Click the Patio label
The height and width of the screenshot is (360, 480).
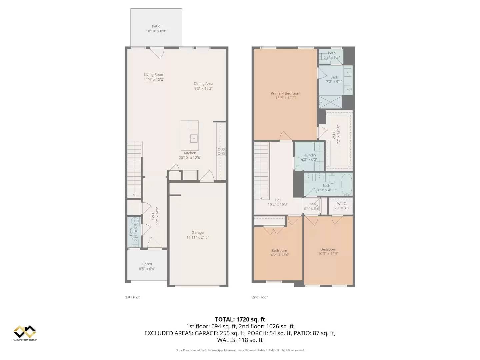click(x=156, y=26)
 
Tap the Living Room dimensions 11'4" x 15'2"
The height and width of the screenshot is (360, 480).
click(x=154, y=80)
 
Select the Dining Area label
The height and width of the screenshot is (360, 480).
click(x=203, y=84)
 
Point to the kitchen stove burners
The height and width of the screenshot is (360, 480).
click(x=221, y=152)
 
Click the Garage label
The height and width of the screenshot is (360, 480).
click(x=198, y=233)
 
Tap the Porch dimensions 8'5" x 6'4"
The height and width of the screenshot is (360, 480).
click(x=147, y=269)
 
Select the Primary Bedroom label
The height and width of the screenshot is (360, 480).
click(x=285, y=93)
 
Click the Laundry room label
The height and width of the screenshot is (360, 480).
click(x=309, y=155)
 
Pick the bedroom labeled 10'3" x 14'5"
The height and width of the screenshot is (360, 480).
click(x=328, y=251)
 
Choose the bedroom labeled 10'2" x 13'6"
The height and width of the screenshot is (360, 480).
click(x=279, y=253)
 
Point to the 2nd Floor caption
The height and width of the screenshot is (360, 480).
click(x=260, y=297)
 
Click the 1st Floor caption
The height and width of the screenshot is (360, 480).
click(x=132, y=297)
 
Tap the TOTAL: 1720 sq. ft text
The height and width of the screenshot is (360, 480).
click(x=240, y=319)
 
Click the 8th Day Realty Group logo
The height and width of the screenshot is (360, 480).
click(x=25, y=333)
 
